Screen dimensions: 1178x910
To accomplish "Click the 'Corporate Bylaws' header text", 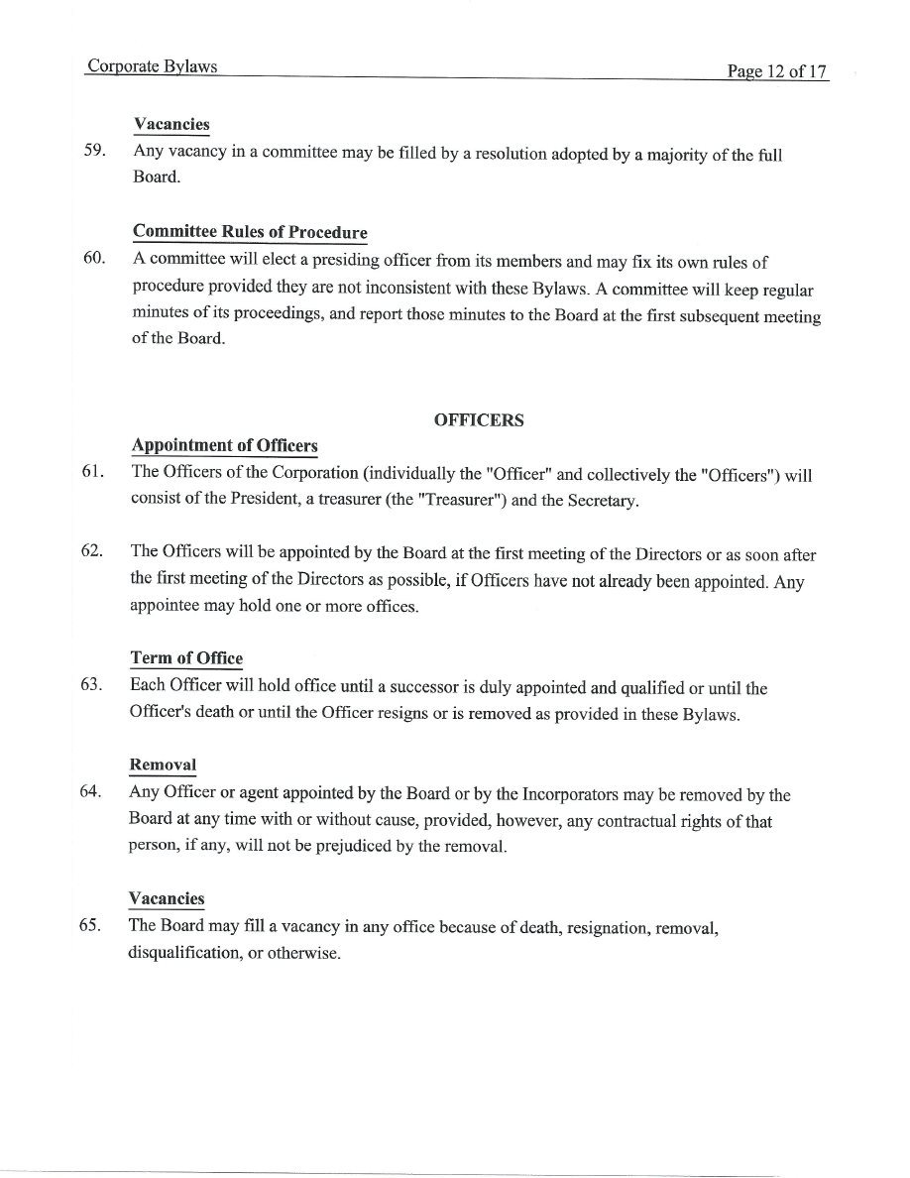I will (152, 67).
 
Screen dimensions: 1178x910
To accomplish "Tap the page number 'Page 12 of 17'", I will (777, 71).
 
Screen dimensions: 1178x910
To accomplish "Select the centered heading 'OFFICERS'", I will (479, 420).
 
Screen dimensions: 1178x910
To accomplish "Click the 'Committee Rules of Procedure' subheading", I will (250, 232).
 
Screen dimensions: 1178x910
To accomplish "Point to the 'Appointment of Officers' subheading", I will (224, 446).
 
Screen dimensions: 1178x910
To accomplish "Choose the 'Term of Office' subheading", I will (186, 658).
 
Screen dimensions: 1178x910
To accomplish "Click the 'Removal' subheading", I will (163, 766).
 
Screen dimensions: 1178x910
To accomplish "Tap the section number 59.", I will (95, 154).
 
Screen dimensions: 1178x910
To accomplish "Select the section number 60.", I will (94, 259).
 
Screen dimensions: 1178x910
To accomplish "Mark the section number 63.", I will (93, 685).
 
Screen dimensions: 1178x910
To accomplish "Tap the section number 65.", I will (91, 925).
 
